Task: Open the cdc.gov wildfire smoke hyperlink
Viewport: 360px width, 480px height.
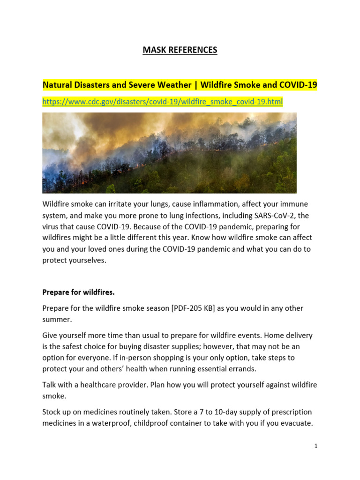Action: (162, 102)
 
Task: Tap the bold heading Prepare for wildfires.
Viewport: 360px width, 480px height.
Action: (78, 292)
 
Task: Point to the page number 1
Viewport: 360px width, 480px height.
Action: (316, 446)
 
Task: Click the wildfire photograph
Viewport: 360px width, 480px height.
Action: (169, 153)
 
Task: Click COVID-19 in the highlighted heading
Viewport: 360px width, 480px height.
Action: (298, 85)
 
